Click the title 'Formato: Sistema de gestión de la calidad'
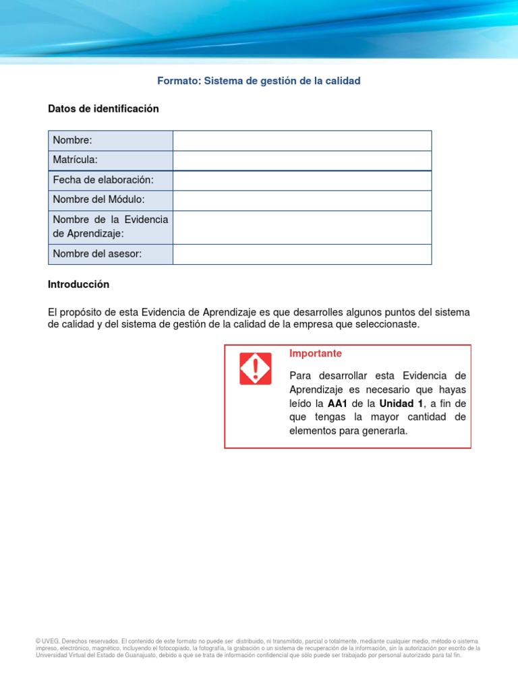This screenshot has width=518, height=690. tap(259, 81)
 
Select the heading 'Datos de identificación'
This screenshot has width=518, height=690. tap(103, 108)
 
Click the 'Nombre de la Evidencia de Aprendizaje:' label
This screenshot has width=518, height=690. tap(110, 226)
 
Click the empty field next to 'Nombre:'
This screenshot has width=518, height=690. tap(301, 140)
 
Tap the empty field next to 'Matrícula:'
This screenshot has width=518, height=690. tap(301, 160)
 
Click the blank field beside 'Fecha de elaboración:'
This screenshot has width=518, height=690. tap(301, 180)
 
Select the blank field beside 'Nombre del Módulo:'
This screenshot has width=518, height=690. tap(301, 200)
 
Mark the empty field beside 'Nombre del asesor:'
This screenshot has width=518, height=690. tap(301, 253)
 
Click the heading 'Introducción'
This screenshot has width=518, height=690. tap(78, 284)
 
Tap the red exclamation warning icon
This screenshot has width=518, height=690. tap(256, 369)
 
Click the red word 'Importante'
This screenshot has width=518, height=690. tap(315, 354)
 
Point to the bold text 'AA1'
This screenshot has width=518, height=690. tap(337, 403)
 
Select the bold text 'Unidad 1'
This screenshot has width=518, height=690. tap(401, 403)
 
